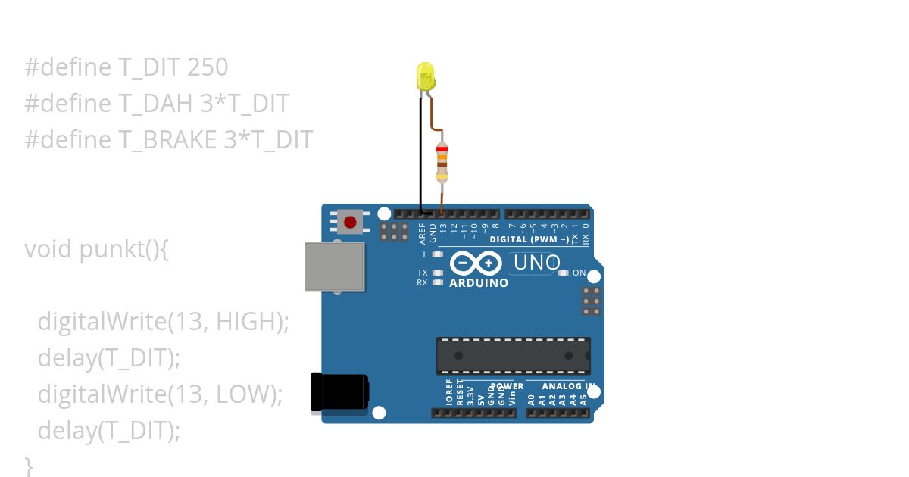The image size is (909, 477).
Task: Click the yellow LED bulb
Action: tap(425, 76)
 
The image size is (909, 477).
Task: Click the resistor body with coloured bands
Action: tap(442, 162)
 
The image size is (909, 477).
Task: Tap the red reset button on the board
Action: tap(349, 222)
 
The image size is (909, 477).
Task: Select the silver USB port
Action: tap(334, 267)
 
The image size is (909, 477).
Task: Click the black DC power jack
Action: tap(339, 393)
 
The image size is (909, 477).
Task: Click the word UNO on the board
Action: tap(536, 263)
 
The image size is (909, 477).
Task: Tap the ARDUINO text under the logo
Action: tap(479, 283)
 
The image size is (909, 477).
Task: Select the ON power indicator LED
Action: tap(563, 273)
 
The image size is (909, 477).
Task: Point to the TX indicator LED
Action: tap(437, 273)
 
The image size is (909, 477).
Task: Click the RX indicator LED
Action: tap(437, 282)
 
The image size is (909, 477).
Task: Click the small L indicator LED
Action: tap(437, 254)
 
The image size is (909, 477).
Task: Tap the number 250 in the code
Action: tap(207, 67)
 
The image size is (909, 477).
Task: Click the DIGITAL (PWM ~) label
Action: tap(529, 239)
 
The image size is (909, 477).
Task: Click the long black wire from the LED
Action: tap(420, 151)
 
